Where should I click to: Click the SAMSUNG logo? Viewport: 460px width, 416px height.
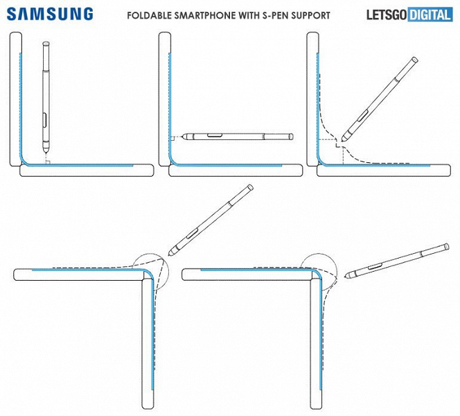point(50,14)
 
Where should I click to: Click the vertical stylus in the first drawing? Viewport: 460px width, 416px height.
point(45,97)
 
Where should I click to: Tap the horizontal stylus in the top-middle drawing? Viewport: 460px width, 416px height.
point(236,135)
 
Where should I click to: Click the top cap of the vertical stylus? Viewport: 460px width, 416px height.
point(46,46)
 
